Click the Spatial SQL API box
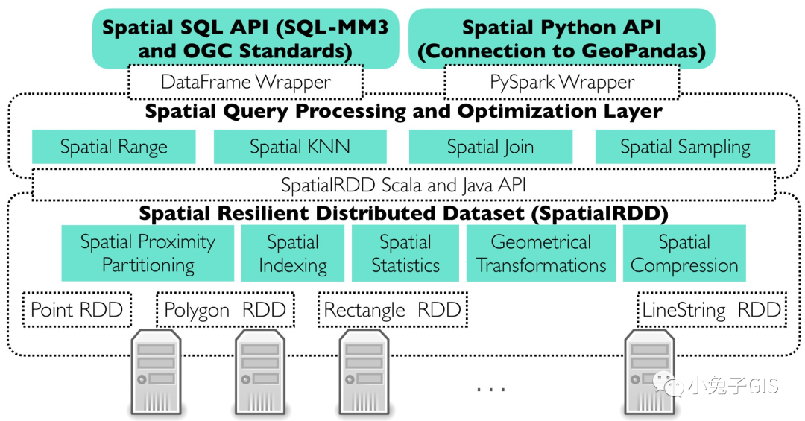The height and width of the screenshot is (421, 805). click(x=246, y=39)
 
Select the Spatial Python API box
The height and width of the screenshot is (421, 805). click(x=561, y=39)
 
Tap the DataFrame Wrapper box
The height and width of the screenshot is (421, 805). click(x=246, y=82)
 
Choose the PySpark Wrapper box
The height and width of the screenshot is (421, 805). click(x=562, y=82)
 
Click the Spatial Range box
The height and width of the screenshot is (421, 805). click(x=113, y=147)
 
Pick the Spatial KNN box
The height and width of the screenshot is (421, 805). click(x=300, y=147)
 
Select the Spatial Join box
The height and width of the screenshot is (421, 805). click(x=490, y=147)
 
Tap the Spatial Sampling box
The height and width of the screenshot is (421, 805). click(x=685, y=147)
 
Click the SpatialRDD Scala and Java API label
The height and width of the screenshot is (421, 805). click(x=404, y=186)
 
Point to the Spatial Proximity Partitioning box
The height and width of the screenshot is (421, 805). click(x=148, y=253)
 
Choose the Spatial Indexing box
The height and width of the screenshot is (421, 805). click(x=293, y=253)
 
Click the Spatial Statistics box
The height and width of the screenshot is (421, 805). click(x=405, y=253)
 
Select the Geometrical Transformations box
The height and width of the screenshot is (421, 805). click(x=541, y=253)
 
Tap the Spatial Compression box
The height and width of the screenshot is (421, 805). click(x=684, y=253)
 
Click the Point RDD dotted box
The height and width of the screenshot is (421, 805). click(x=77, y=310)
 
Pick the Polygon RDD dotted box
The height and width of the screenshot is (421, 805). click(x=225, y=310)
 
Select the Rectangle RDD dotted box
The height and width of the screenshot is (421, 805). click(x=392, y=310)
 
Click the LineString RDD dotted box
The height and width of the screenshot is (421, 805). click(x=711, y=310)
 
